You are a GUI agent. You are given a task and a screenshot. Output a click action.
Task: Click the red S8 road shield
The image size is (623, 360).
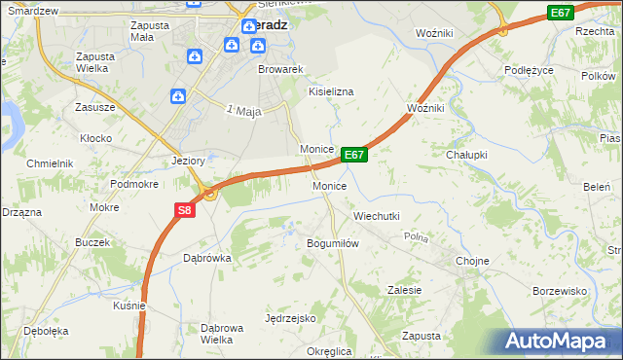(186, 209)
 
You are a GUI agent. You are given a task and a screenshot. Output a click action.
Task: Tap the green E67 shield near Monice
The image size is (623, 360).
(354, 155)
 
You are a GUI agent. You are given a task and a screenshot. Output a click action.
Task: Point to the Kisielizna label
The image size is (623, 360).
(331, 90)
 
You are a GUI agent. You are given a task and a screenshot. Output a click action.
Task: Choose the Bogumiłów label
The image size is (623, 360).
(333, 243)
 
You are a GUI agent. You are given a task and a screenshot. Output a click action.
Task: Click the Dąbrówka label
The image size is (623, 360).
(206, 258)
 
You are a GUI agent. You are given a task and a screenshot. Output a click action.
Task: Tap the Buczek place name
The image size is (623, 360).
(93, 240)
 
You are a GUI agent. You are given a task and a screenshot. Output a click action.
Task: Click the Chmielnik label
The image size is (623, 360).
(52, 163)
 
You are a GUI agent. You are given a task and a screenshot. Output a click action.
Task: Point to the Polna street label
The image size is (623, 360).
(417, 237)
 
